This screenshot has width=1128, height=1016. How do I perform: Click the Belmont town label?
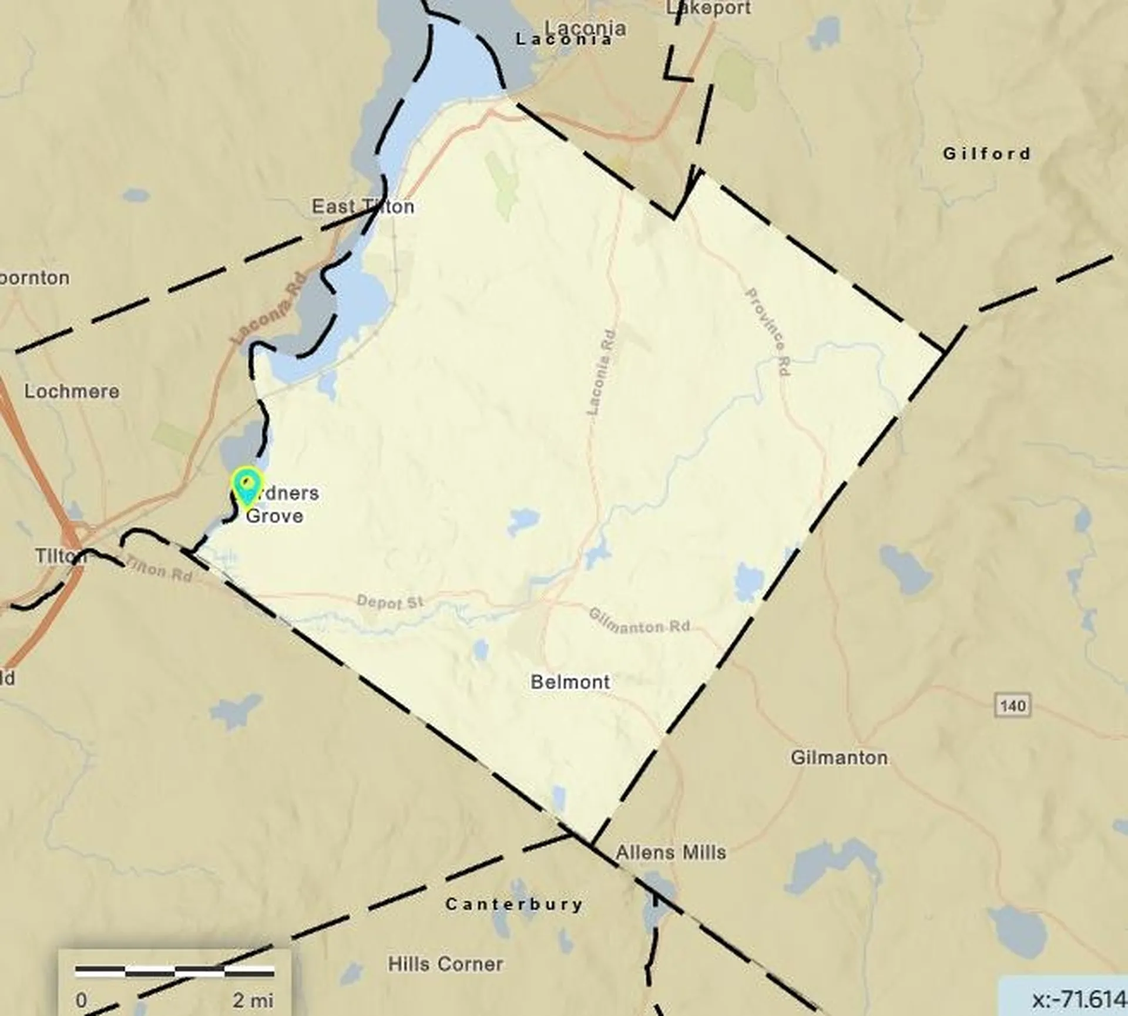pos(570,682)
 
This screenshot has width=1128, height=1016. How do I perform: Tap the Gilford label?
pos(986,154)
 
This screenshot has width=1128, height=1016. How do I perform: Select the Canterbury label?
pos(514,904)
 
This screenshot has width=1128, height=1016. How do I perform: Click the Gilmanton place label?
pos(838,758)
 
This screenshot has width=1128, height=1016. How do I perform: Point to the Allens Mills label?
pos(670,852)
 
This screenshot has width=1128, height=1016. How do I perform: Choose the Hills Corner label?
pos(445,964)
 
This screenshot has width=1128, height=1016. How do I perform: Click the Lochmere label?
pos(72,391)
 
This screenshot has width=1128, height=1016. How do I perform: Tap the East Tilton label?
pos(362,207)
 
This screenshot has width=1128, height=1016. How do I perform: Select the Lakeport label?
pos(709,8)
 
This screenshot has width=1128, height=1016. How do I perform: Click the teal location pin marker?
pos(246,486)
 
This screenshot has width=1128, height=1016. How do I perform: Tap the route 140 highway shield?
pos(1013,705)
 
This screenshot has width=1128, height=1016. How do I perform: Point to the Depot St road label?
pos(390,603)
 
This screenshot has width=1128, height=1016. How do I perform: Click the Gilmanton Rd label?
pos(639,621)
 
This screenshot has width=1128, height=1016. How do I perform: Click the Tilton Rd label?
pos(159,569)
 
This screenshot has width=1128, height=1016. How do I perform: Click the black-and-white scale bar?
pos(174,971)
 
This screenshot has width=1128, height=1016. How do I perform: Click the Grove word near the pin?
pos(274,516)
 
